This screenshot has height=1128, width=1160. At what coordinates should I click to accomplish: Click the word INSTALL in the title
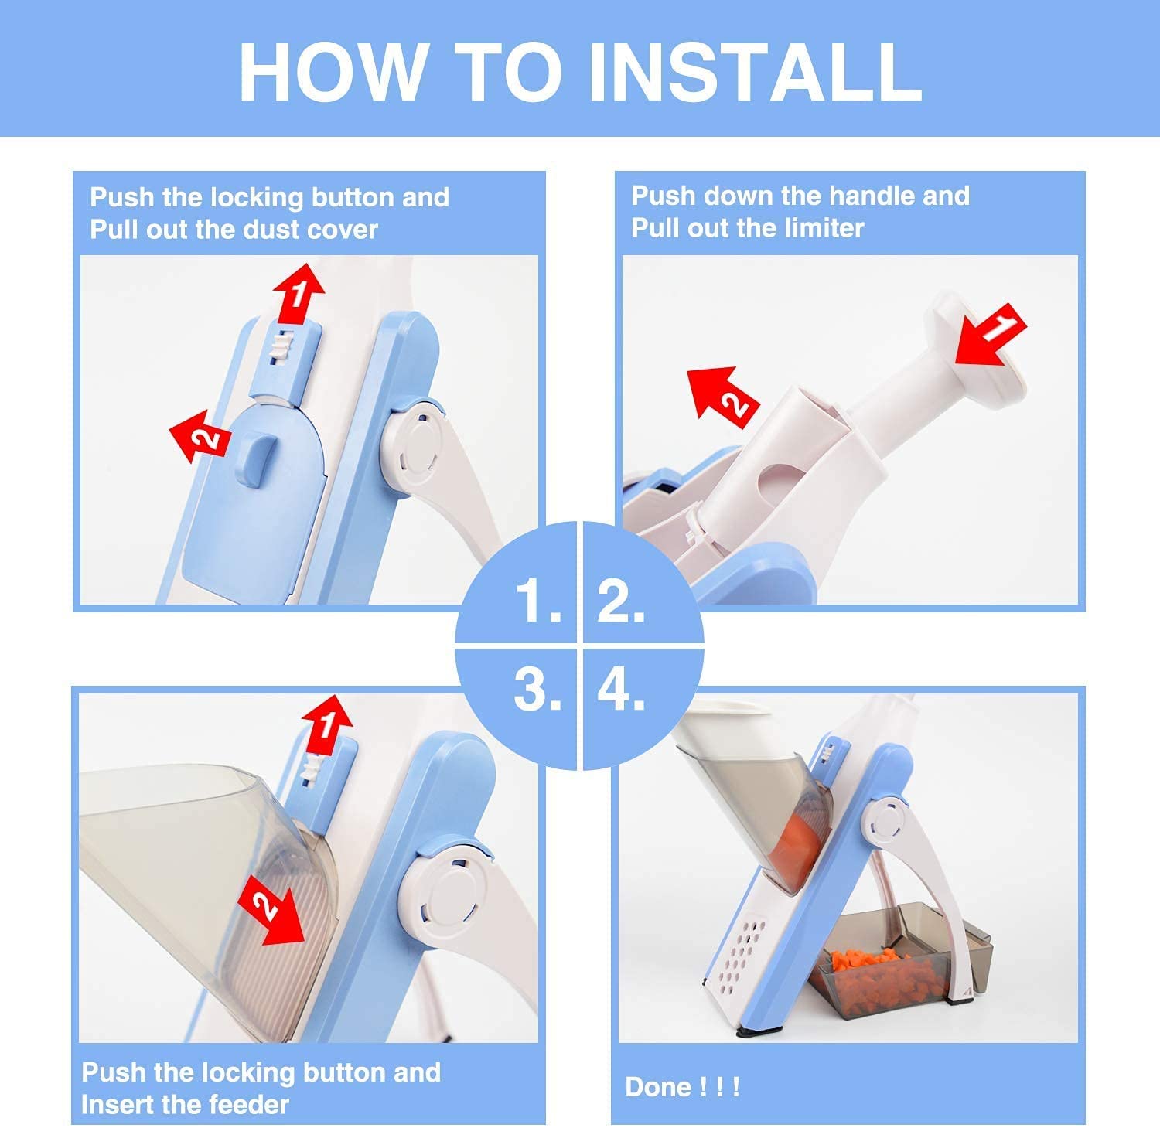(x=755, y=71)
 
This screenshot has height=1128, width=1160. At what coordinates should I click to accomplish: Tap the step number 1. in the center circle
(x=538, y=601)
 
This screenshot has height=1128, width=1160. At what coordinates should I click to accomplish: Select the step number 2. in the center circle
(x=621, y=601)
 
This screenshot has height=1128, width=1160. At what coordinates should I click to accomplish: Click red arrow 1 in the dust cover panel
(x=299, y=292)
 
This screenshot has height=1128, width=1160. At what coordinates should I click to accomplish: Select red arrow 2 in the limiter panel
(x=723, y=393)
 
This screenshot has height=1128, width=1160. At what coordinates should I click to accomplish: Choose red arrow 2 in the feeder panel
(x=271, y=913)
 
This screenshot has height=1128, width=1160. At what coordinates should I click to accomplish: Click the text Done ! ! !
(x=682, y=1087)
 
